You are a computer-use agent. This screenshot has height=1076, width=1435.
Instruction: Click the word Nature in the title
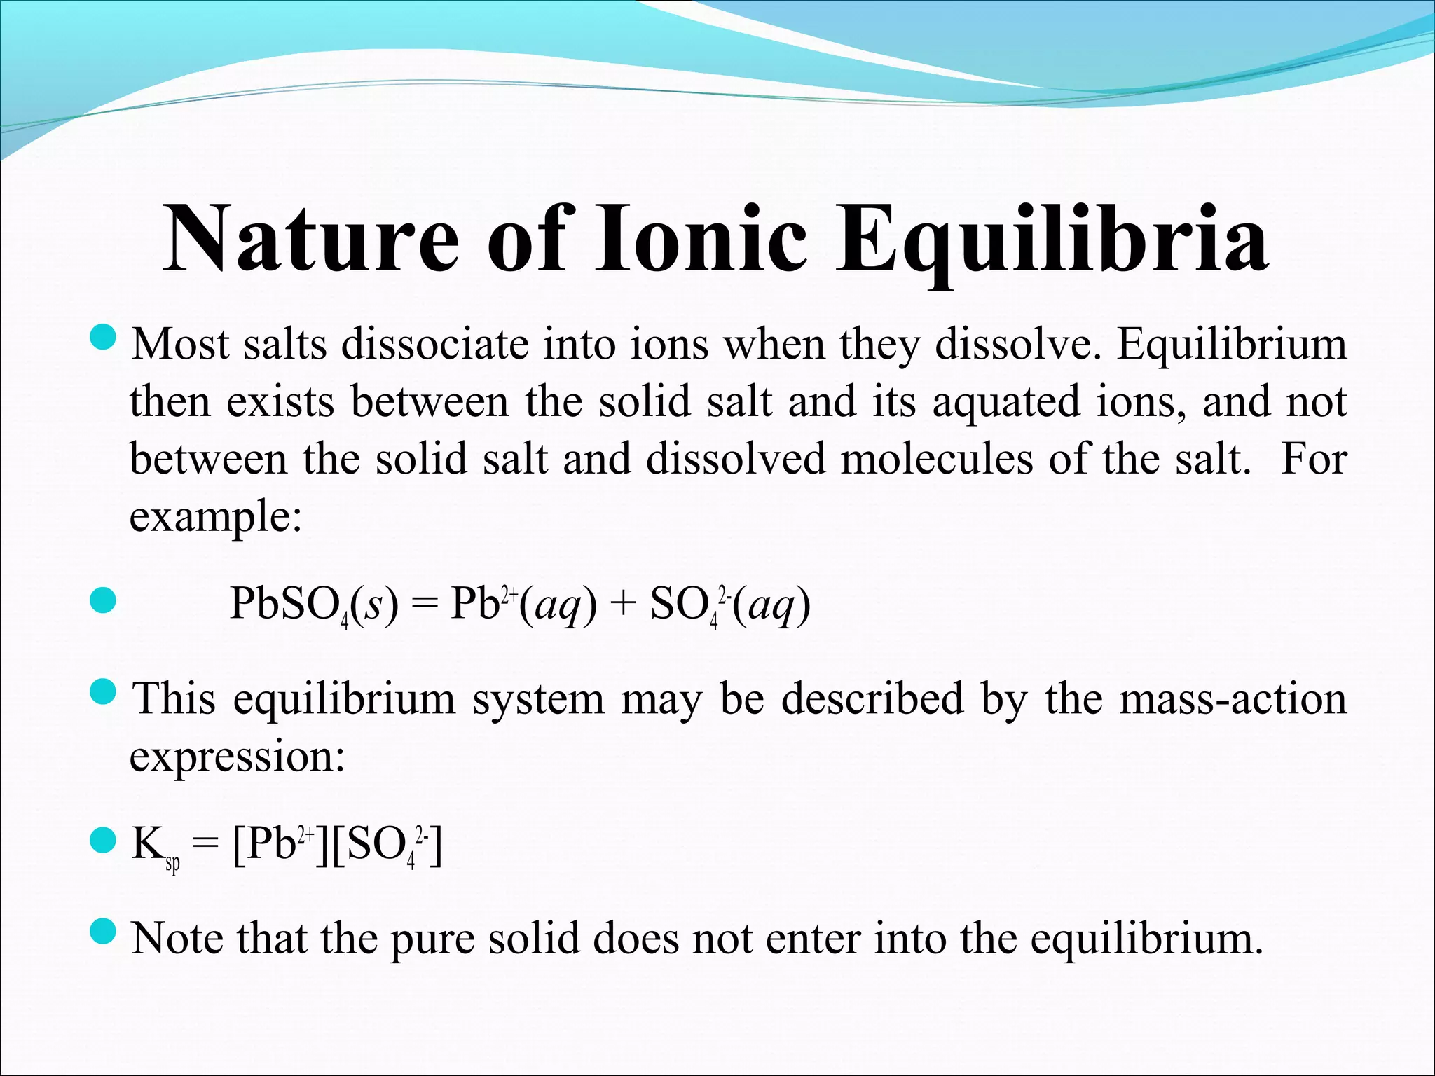pos(311,238)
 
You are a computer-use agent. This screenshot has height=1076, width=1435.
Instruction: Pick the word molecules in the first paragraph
pos(936,460)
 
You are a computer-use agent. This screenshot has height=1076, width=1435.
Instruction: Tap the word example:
pos(216,518)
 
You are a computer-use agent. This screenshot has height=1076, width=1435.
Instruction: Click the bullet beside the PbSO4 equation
pos(103,600)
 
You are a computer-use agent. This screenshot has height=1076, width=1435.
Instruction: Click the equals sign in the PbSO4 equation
pos(423,604)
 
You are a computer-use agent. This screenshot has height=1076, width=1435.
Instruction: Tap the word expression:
pos(237,757)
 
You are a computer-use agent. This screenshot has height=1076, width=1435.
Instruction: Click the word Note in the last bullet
pos(179,939)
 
